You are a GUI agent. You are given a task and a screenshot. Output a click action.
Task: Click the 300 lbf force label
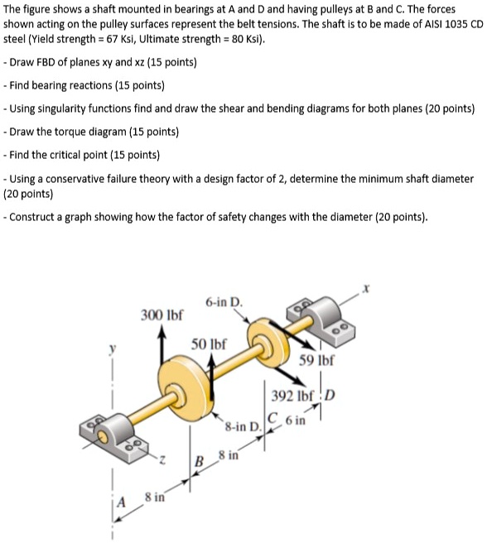(162, 315)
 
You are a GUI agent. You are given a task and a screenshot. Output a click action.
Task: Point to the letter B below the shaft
(199, 460)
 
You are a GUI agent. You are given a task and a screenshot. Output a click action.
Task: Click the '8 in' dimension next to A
(155, 497)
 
